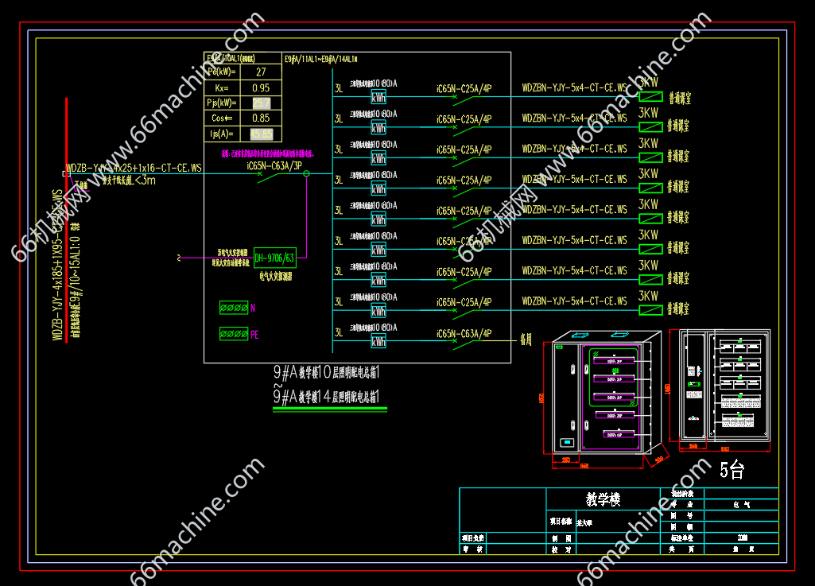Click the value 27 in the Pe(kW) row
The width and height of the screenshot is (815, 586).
click(x=260, y=72)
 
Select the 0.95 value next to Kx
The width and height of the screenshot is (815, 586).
click(x=260, y=88)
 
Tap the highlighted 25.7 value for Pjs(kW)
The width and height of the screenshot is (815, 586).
click(x=261, y=103)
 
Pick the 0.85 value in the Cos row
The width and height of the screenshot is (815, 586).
click(x=260, y=118)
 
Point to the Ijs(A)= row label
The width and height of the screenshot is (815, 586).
click(x=221, y=134)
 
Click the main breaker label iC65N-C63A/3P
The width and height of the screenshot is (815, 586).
click(x=274, y=166)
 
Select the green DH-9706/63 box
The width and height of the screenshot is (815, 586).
click(x=274, y=258)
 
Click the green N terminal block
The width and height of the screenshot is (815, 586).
click(x=234, y=308)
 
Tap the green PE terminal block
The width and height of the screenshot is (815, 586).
click(x=234, y=334)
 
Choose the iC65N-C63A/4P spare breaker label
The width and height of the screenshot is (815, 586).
click(x=464, y=333)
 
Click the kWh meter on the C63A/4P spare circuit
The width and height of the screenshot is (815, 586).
click(x=378, y=342)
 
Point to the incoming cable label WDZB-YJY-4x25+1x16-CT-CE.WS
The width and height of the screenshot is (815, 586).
click(x=134, y=169)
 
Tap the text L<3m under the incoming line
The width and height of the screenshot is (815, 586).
click(x=145, y=180)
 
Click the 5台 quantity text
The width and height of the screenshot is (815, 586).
click(x=732, y=470)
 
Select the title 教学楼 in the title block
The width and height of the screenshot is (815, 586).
click(x=603, y=499)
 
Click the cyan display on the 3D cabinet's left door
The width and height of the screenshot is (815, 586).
click(x=567, y=442)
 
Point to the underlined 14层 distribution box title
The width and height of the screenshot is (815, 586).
click(x=326, y=396)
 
